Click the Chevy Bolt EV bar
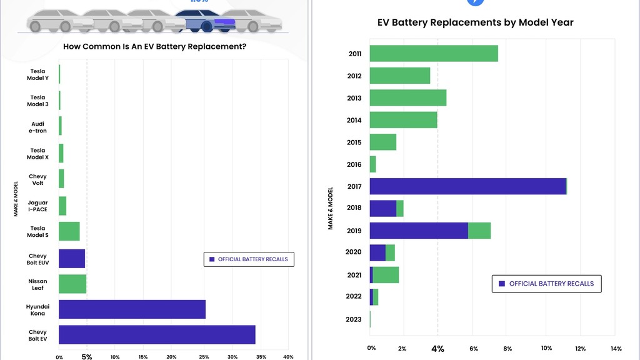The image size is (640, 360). (x=157, y=335)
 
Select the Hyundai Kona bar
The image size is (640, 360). (x=132, y=309)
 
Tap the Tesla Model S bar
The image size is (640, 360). (x=69, y=231)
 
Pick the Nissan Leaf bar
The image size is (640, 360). (x=72, y=284)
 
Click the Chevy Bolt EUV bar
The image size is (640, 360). (x=72, y=258)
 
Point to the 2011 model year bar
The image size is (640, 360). (x=434, y=54)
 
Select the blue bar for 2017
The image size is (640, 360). (x=468, y=186)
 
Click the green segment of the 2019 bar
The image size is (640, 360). (x=479, y=231)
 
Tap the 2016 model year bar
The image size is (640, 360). (x=372, y=164)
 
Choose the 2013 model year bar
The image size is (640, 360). (x=408, y=97)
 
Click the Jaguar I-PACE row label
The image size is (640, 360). (x=37, y=206)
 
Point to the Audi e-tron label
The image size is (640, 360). (x=37, y=127)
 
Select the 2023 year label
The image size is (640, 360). (x=354, y=319)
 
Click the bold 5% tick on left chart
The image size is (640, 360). (x=87, y=357)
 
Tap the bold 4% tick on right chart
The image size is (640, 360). (x=438, y=349)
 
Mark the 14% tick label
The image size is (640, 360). (x=616, y=349)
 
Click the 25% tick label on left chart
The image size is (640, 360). (x=204, y=357)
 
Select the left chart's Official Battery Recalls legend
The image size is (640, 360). (x=249, y=259)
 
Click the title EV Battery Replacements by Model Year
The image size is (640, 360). (x=476, y=22)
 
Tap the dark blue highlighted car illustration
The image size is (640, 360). (x=205, y=21)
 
